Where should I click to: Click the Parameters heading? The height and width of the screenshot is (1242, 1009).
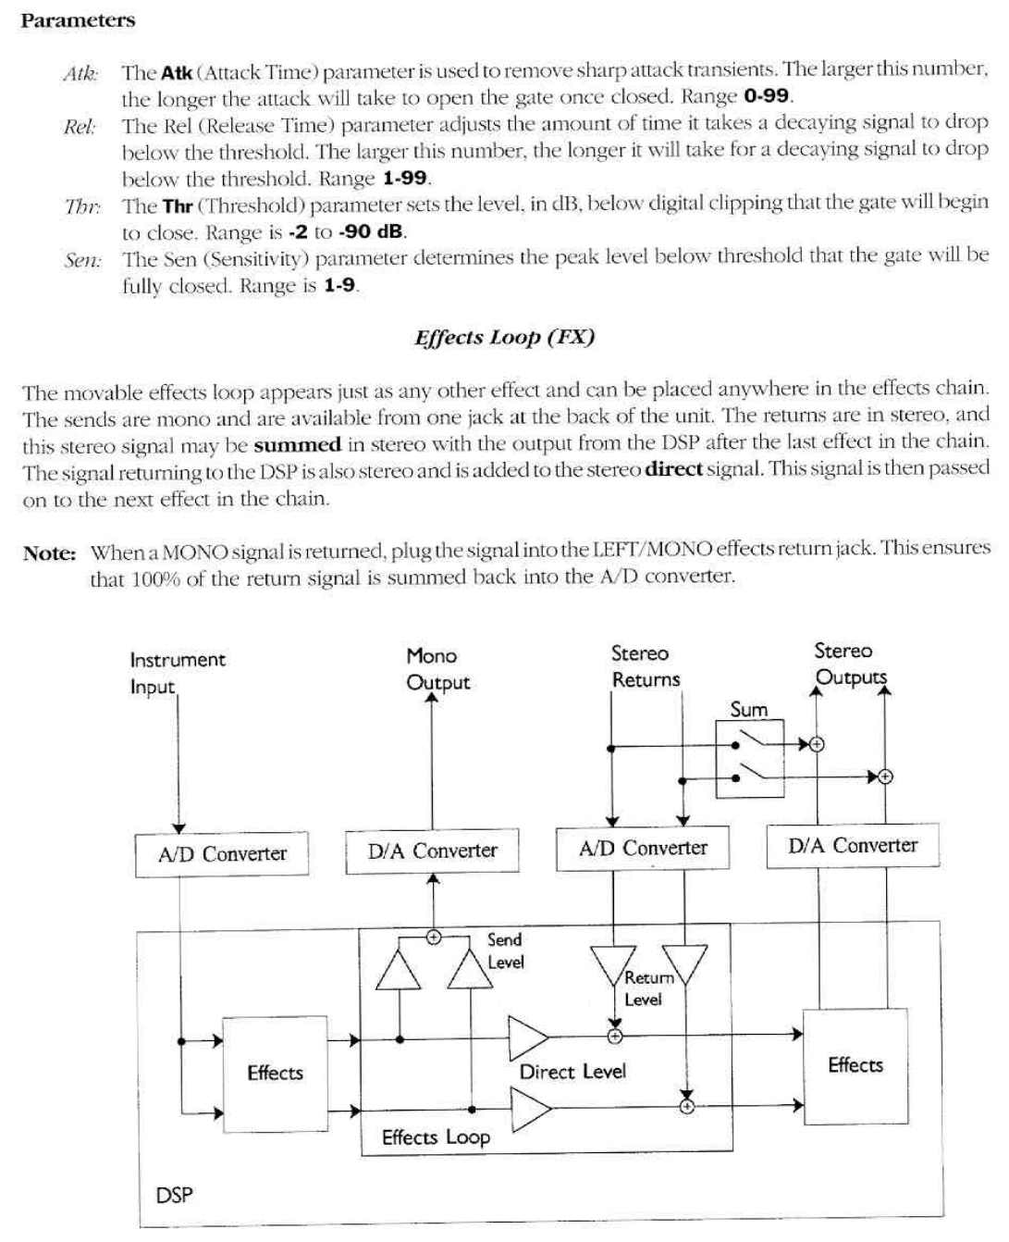tap(78, 20)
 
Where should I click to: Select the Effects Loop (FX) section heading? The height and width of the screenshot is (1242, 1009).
tap(504, 337)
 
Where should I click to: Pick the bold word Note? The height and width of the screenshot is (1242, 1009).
tap(49, 553)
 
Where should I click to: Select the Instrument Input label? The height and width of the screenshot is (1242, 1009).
tap(177, 673)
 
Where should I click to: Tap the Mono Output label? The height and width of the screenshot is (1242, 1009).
tap(437, 669)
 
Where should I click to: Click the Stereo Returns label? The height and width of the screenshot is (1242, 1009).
tap(645, 666)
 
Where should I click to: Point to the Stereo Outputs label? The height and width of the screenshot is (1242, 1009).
tap(849, 664)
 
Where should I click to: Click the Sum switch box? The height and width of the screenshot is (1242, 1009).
tap(749, 757)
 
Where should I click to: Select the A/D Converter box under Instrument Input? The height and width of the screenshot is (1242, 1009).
tap(222, 854)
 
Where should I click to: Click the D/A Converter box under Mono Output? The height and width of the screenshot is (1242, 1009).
tap(432, 851)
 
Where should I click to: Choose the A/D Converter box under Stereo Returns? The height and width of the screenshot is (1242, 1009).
tap(643, 849)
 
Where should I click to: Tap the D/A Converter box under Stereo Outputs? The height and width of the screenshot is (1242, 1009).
tap(852, 846)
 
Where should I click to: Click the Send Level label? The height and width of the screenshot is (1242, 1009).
tap(505, 950)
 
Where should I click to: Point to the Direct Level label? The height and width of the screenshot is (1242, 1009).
tap(572, 1072)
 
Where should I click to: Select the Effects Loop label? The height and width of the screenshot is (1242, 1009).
tap(436, 1137)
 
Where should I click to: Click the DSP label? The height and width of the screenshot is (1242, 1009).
tap(174, 1195)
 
